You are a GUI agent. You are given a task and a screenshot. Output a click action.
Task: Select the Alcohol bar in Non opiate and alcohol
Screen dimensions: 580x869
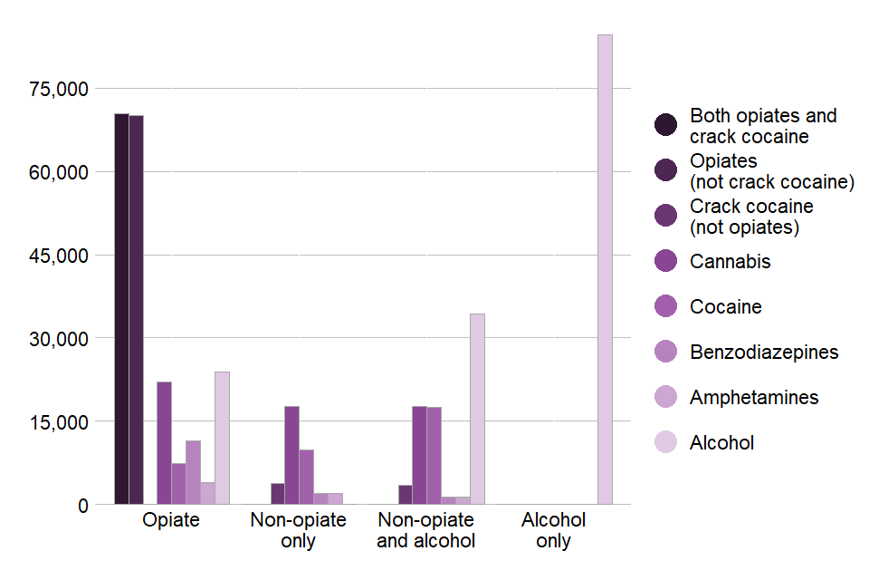click(477, 409)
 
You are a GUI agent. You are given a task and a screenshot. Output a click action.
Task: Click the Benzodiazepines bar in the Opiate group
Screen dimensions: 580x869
click(193, 472)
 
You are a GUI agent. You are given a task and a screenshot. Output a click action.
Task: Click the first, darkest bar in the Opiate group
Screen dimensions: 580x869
click(121, 309)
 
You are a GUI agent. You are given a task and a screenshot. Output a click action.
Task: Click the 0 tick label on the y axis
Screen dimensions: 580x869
click(83, 506)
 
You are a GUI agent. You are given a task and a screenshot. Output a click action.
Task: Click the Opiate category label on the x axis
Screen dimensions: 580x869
click(171, 521)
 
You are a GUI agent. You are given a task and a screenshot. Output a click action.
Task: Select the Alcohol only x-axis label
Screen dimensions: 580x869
click(553, 531)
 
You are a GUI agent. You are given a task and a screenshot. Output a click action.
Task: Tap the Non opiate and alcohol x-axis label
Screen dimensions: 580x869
click(426, 531)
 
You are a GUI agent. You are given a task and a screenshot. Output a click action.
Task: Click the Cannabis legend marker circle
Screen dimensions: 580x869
click(666, 261)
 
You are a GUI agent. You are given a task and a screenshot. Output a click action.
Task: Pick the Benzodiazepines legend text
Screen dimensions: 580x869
click(764, 352)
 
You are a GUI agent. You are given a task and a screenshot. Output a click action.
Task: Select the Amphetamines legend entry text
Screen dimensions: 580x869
click(754, 397)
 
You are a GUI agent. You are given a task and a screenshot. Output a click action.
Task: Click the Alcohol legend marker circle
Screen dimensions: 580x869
click(666, 442)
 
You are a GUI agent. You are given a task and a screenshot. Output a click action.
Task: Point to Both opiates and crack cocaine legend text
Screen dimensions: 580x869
click(763, 126)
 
